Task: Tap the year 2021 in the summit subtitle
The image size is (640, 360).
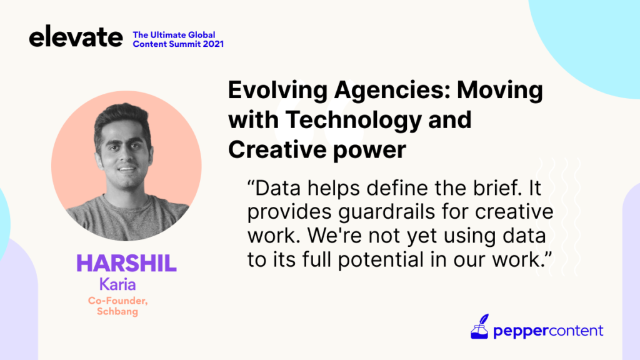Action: tap(213, 44)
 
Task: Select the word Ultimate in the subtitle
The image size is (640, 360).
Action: tap(168, 35)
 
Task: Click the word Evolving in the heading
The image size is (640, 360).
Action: tap(277, 90)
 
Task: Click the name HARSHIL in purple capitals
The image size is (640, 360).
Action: tap(126, 263)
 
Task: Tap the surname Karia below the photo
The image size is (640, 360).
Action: tap(117, 284)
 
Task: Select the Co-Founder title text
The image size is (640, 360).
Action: tap(118, 301)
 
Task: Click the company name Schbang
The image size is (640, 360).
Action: tap(117, 311)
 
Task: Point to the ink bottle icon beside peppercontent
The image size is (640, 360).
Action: tap(479, 326)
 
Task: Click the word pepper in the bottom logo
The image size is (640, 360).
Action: tap(520, 331)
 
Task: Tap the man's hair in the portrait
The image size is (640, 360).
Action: tap(121, 117)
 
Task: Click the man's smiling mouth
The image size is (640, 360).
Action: tap(127, 168)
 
